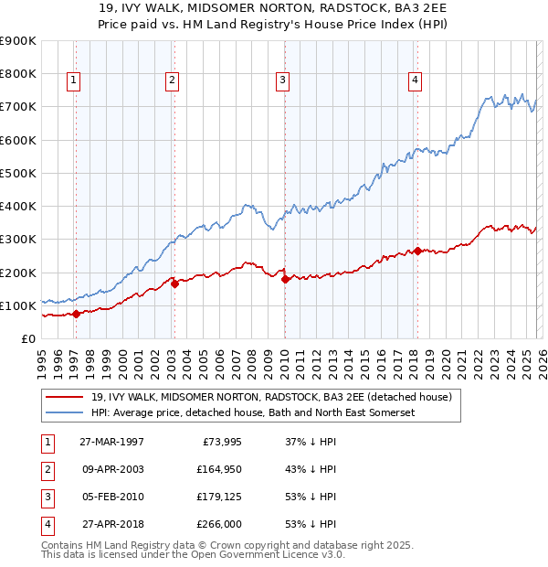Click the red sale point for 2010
tap(285, 279)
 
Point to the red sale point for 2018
tap(417, 251)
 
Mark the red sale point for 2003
tap(174, 283)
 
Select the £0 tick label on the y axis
tap(27, 338)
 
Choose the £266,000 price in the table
tap(218, 524)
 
